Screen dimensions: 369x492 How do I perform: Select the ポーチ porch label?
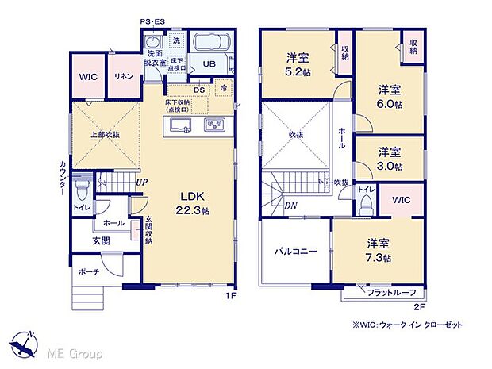coord(88,271)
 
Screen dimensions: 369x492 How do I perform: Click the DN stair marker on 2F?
coord(291,205)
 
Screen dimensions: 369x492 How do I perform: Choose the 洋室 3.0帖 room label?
coord(389,158)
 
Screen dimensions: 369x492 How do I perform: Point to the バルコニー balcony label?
coord(296,252)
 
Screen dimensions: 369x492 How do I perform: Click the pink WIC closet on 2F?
coord(401,200)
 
